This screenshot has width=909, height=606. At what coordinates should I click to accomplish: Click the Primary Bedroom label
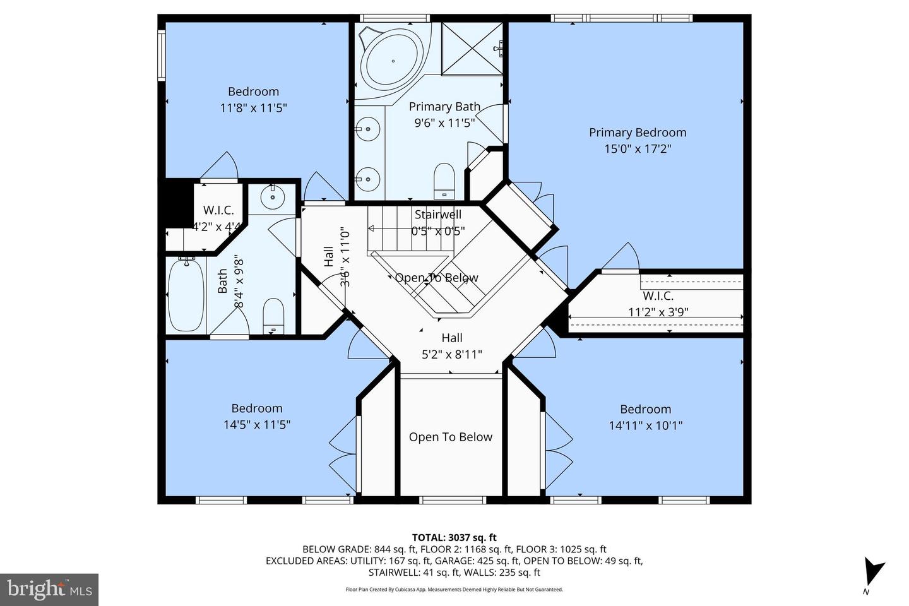[x=637, y=133]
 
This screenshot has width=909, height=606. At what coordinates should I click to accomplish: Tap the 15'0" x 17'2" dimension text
[x=637, y=149]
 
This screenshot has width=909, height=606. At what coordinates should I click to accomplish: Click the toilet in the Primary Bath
[x=444, y=180]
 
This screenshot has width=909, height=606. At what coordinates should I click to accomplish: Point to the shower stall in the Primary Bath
[x=473, y=48]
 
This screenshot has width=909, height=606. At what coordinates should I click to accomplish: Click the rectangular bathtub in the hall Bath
[x=186, y=294]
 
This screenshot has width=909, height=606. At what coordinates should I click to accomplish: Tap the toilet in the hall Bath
[x=273, y=316]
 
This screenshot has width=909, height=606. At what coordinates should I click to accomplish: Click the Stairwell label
[x=437, y=215]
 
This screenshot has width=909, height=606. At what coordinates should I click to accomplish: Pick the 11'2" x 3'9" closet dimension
[x=658, y=311]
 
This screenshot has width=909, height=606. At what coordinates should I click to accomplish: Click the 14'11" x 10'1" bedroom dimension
[x=645, y=425]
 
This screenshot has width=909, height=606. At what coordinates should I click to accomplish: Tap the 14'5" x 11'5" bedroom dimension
[x=256, y=425]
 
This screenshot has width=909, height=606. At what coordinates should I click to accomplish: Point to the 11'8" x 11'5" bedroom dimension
[x=253, y=108]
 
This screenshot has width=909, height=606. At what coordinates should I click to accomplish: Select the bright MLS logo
[x=49, y=590]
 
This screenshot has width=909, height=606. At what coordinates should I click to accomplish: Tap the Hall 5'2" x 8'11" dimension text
[x=451, y=354]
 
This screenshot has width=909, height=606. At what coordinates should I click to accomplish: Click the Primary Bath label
[x=444, y=107]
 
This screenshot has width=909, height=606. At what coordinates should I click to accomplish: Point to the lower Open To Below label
[x=450, y=437]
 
